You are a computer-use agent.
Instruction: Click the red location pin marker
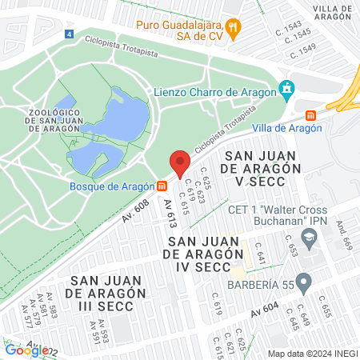click(x=180, y=162)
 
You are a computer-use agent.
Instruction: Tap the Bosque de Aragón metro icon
click(x=162, y=186)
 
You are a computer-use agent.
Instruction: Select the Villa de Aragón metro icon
click(x=332, y=112)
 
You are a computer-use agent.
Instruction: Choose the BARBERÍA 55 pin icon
click(x=303, y=282)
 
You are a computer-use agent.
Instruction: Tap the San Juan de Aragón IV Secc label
click(x=203, y=254)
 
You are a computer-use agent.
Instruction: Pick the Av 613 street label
click(x=170, y=214)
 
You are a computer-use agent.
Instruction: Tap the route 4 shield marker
click(x=70, y=34)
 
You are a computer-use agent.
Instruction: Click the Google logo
click(x=26, y=350)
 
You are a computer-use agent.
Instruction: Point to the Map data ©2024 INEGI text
click(x=312, y=354)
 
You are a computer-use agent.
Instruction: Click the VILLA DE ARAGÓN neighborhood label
click(x=334, y=12)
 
